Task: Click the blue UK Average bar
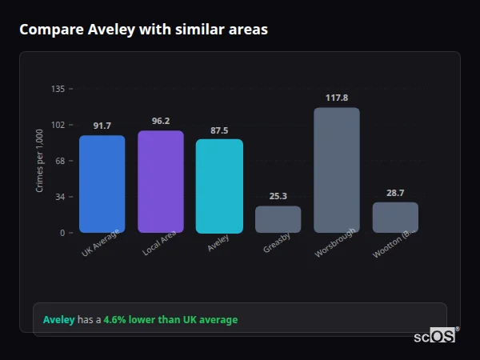[102, 184]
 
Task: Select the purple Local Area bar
[161, 182]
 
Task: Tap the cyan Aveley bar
[219, 186]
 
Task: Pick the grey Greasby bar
[278, 219]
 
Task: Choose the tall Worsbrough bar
[337, 170]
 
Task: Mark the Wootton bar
[395, 218]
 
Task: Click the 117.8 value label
[337, 98]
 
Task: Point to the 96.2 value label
[161, 121]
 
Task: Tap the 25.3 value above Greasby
[278, 196]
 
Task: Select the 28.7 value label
[395, 193]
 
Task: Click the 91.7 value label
[102, 126]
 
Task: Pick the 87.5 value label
[219, 130]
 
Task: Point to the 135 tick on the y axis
[58, 89]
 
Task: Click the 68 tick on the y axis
[60, 161]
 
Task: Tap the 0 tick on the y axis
[62, 233]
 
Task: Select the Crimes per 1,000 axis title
[39, 161]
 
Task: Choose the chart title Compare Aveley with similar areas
[143, 30]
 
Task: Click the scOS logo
[435, 336]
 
